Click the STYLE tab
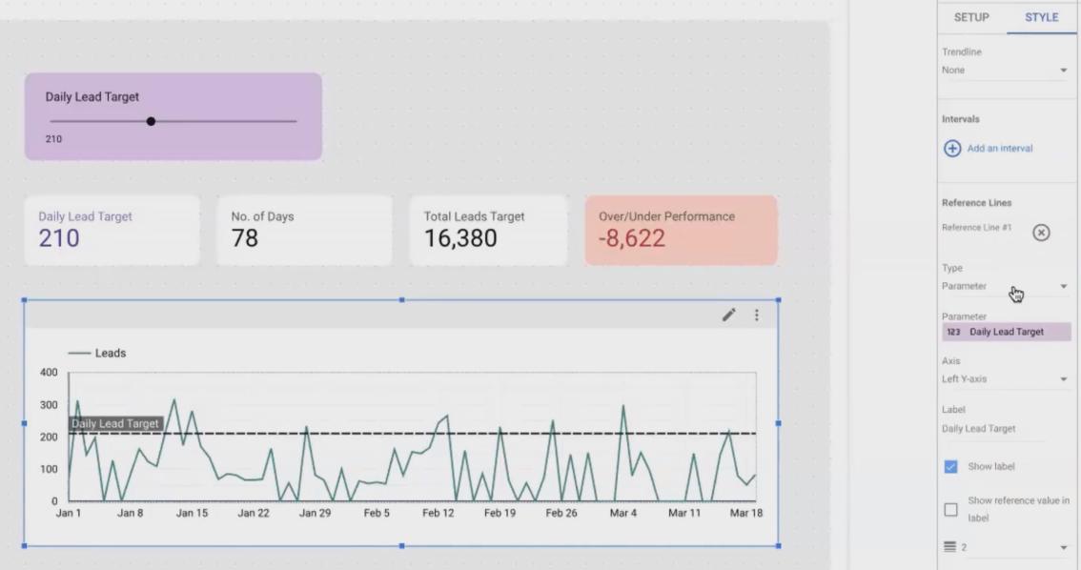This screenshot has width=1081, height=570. coord(1041,17)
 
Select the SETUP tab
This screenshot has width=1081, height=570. coord(971,17)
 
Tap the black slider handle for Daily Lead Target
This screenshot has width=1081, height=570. coord(151,121)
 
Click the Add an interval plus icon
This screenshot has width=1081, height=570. coord(952,149)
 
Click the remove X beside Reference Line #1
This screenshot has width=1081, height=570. coord(1041,233)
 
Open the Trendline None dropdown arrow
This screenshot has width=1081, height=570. coord(1063,71)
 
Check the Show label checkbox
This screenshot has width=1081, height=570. coord(950,467)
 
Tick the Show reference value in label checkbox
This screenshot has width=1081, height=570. coord(950,510)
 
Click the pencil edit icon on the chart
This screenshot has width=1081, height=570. coord(729,315)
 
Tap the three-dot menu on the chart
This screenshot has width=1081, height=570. coord(757,315)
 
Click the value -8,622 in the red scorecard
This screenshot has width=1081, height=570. coord(631,238)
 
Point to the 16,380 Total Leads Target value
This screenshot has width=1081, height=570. coord(460,238)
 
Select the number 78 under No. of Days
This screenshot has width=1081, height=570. coord(245,238)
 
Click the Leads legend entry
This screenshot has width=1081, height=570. coord(110,353)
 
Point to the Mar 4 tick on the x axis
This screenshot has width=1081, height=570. coord(623,513)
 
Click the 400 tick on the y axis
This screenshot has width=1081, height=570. coord(48,372)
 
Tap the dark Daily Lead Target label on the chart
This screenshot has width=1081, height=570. coord(115,424)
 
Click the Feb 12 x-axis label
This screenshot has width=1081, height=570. coord(439,513)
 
